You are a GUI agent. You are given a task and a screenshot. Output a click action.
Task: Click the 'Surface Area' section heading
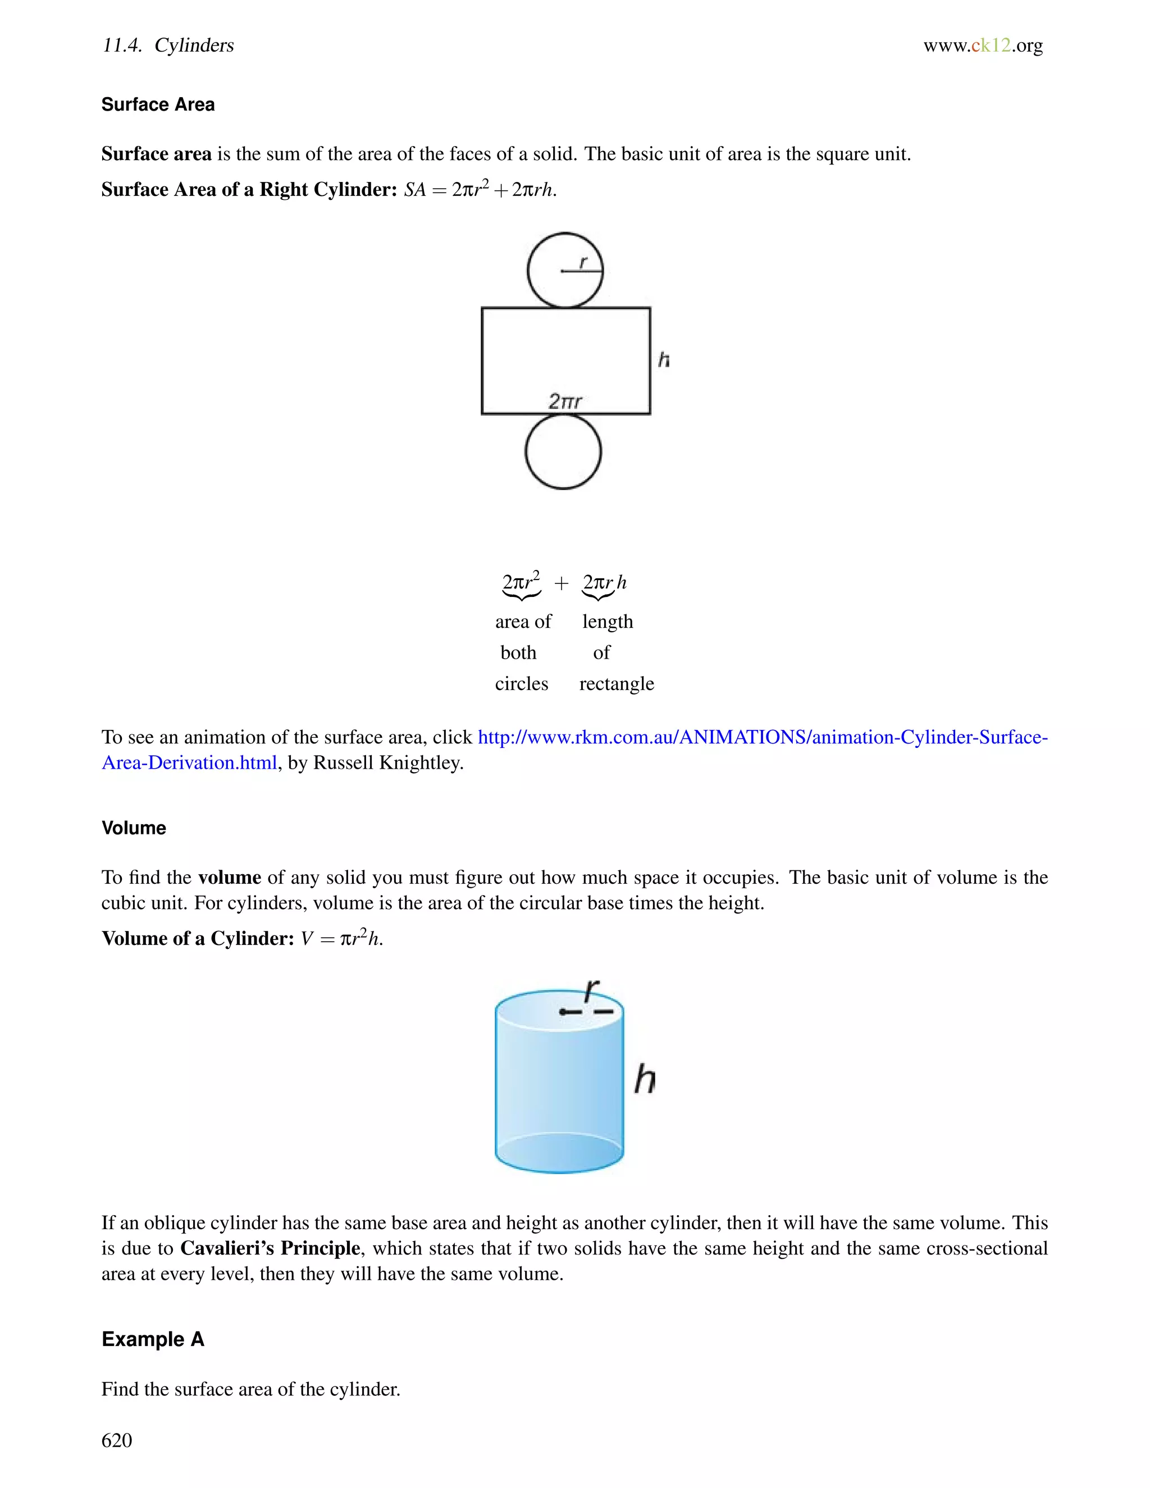tap(158, 104)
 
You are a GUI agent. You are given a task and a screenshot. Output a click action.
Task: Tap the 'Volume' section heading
tap(134, 828)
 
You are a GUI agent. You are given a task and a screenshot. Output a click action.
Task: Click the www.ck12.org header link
tap(983, 45)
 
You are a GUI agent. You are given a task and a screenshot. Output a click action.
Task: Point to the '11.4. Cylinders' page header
tap(167, 45)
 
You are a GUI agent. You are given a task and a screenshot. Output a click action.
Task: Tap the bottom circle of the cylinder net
tap(563, 451)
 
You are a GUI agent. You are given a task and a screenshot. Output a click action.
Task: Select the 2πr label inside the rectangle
tap(565, 401)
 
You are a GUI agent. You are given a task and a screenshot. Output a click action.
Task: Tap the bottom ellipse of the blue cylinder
tap(559, 1153)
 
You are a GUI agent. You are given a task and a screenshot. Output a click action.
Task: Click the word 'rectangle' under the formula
tap(616, 683)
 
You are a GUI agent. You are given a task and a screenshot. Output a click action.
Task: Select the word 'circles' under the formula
tap(521, 683)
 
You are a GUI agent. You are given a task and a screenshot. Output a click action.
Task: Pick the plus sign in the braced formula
tap(561, 583)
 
